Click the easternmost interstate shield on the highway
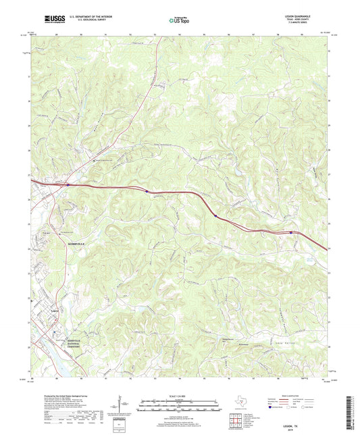tap(292, 232)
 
